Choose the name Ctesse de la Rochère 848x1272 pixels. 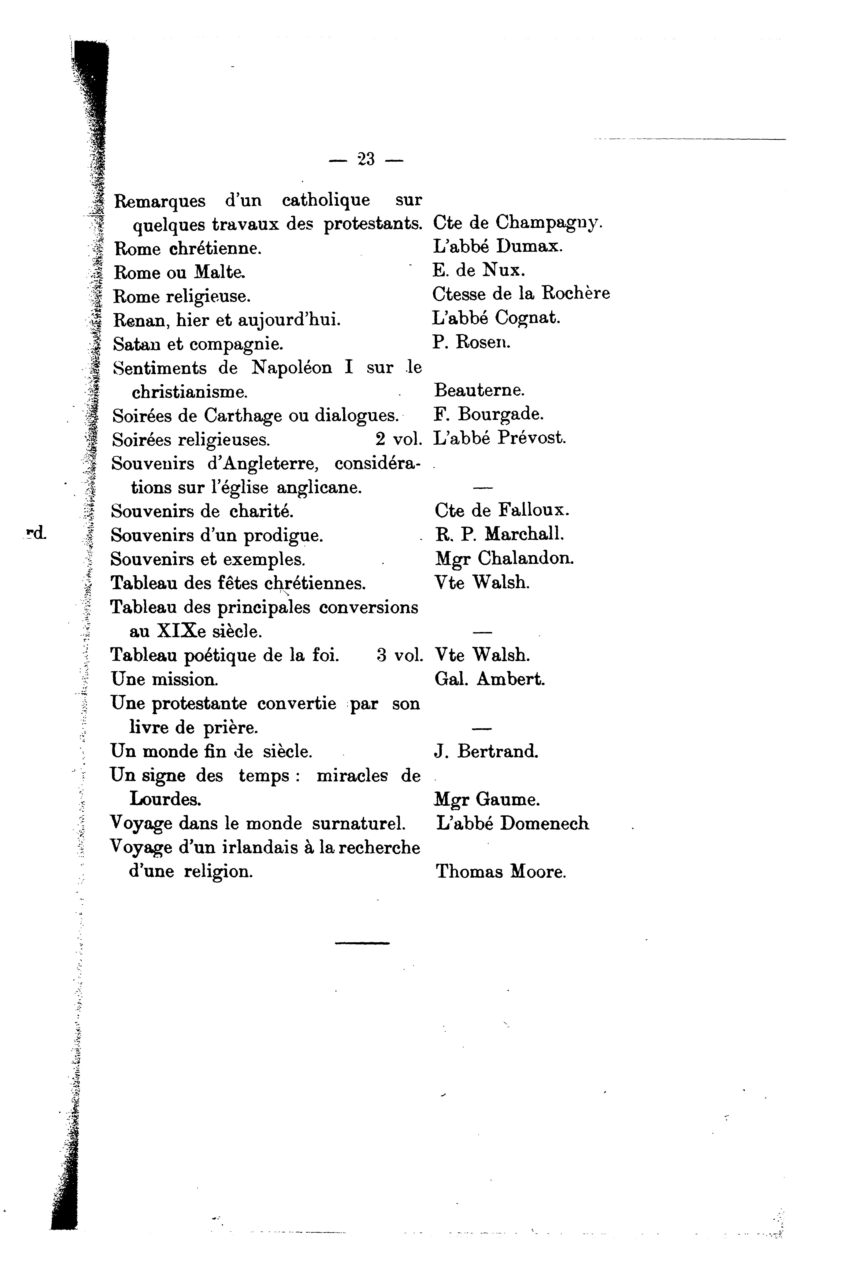point(521,294)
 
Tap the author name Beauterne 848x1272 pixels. point(479,390)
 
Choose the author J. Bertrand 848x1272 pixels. point(486,751)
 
